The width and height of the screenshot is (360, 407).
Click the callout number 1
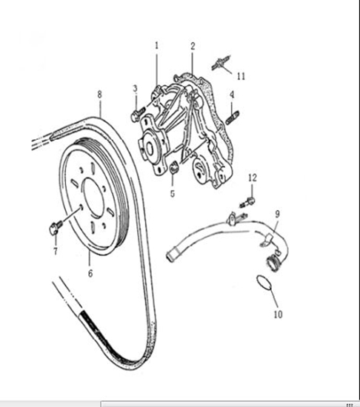coord(156,46)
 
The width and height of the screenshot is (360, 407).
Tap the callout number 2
coord(193,46)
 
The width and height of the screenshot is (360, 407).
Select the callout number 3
coord(135,89)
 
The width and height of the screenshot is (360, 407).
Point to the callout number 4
coord(232,95)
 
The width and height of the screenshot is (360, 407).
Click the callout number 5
coord(173,193)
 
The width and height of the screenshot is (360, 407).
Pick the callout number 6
coord(90,273)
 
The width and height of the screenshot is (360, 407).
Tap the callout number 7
coord(56,251)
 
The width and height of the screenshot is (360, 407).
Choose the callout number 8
coord(99,95)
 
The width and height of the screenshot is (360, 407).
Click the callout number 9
coord(277,214)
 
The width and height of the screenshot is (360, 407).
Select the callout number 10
coord(278,314)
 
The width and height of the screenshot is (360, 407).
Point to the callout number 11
coord(241,76)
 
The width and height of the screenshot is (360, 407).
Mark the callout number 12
coord(253,178)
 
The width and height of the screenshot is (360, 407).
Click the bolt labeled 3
coord(137,115)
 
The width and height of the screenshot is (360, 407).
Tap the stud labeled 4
coord(232,118)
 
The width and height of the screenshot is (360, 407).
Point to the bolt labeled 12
coord(247,202)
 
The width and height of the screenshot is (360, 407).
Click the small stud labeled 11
coord(221,63)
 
